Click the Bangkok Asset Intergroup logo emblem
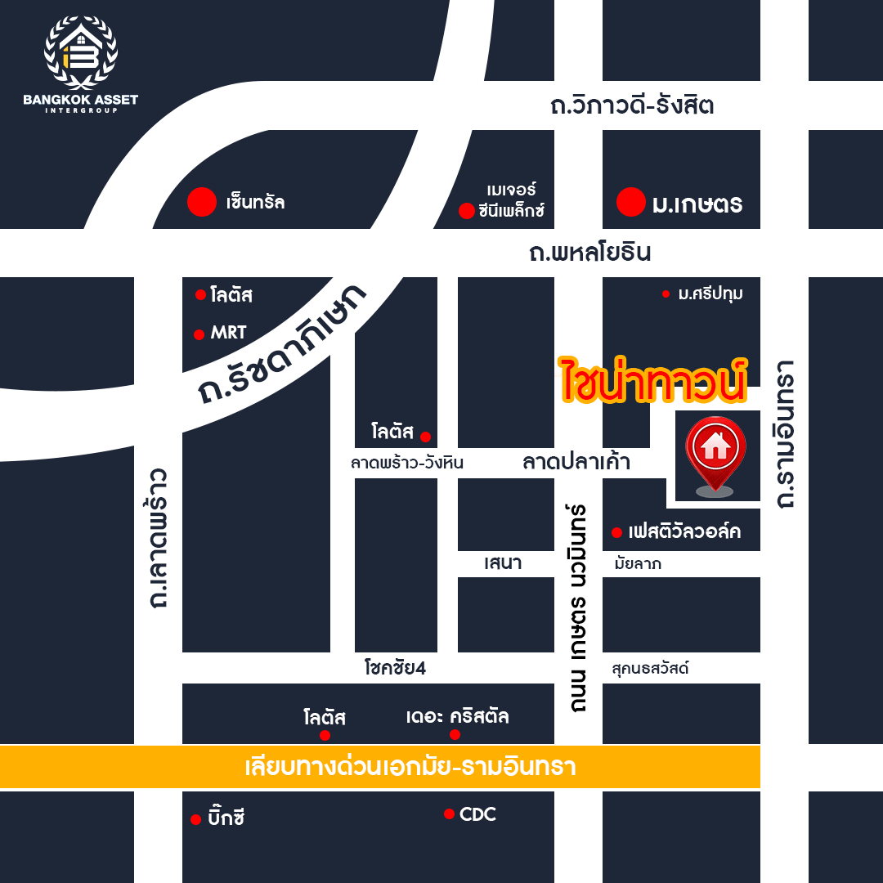pos(80,51)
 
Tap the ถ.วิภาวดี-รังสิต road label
pos(632,105)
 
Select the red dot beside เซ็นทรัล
pos(201,203)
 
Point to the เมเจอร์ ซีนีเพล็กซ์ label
pos(511,201)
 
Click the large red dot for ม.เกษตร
pos(630,202)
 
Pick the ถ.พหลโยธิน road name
pos(589,253)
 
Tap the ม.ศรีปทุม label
pos(710,294)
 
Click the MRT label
pos(227,334)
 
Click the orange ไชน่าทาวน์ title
pos(652,379)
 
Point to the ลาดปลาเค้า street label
pos(576,462)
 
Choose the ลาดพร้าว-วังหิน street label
pos(407,463)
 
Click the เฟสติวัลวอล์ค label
pos(684,532)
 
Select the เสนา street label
pos(502,563)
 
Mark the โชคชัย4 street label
pos(396,668)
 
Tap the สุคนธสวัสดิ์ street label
pos(650,668)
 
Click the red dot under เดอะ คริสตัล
pos(455,734)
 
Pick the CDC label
pos(477,814)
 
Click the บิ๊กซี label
pos(226,818)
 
